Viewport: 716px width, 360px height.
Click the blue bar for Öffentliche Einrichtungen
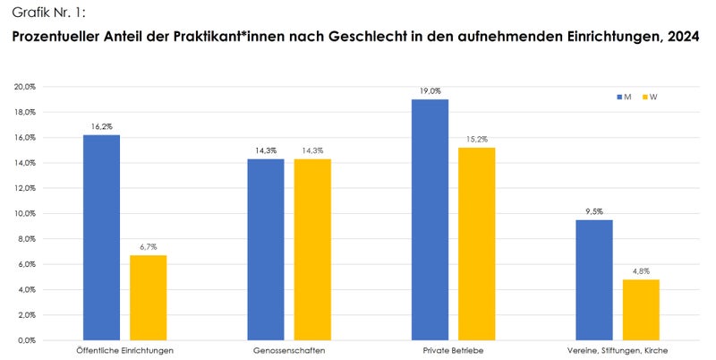(x=101, y=237)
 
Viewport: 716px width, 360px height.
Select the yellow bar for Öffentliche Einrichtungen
(x=149, y=297)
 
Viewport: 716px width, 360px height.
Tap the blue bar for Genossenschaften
(x=266, y=249)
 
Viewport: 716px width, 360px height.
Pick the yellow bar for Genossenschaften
(x=312, y=249)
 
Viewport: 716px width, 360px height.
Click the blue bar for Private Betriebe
(x=430, y=219)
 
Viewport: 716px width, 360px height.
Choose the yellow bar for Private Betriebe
(x=476, y=244)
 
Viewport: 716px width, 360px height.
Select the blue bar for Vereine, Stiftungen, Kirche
(x=594, y=279)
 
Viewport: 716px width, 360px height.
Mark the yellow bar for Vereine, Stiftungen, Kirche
(x=641, y=310)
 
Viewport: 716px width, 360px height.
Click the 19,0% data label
(x=430, y=91)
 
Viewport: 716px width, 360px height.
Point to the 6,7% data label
(x=149, y=247)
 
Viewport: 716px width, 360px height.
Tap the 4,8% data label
(x=641, y=271)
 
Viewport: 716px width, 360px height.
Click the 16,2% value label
(x=101, y=127)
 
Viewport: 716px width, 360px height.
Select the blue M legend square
(x=618, y=97)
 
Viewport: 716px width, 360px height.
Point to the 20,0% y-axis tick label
(x=24, y=87)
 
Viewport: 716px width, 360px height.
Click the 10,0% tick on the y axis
(x=24, y=214)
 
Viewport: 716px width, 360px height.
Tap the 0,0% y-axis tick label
(x=26, y=340)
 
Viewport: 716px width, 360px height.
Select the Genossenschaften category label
(x=289, y=350)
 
